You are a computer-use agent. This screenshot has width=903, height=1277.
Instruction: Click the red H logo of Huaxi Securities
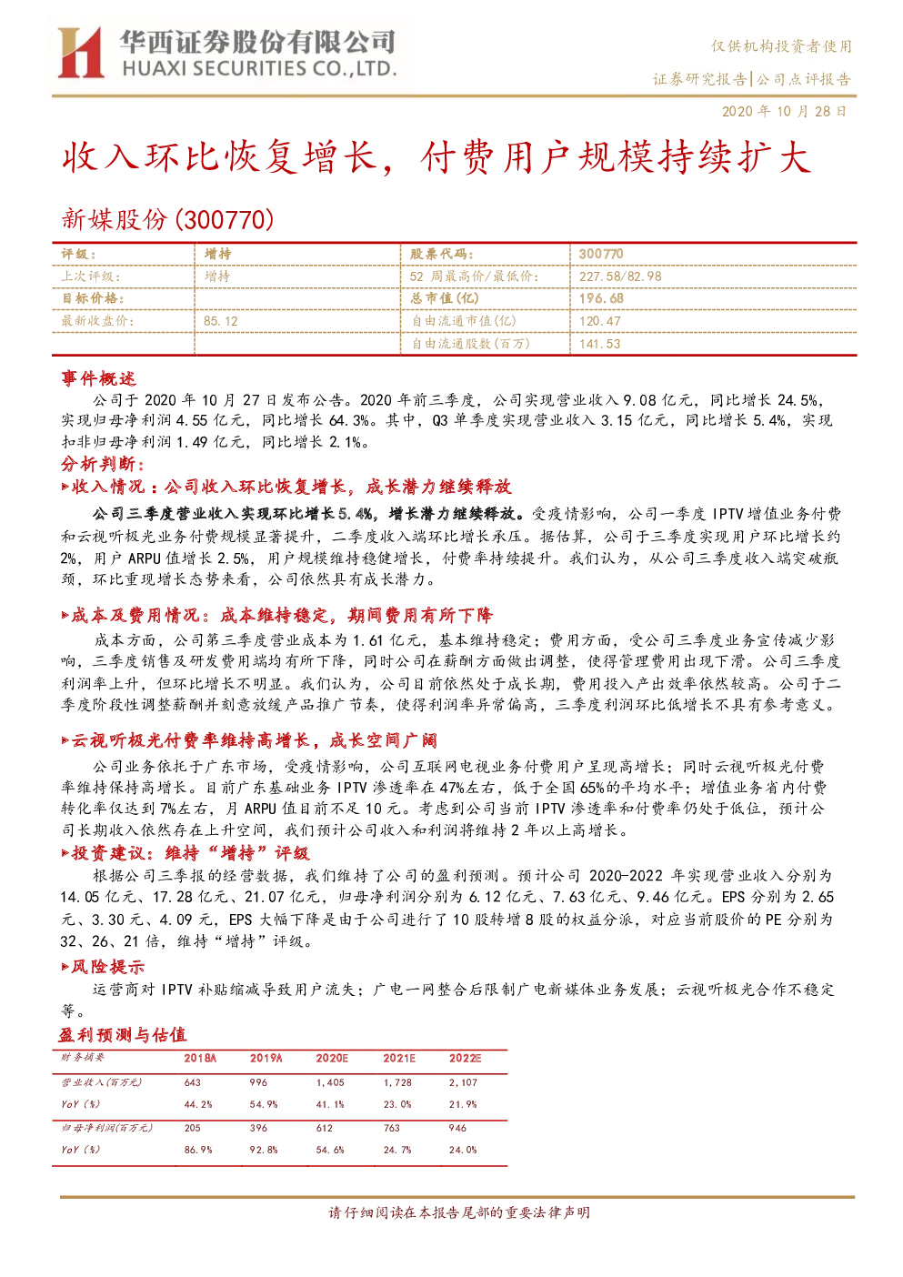point(81,52)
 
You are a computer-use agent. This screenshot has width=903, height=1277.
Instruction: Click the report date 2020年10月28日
point(784,111)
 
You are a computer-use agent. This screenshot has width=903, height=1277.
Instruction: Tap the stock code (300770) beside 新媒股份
point(225,219)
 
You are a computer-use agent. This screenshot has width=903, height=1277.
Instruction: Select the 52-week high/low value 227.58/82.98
point(620,277)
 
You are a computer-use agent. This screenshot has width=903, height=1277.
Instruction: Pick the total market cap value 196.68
point(601,298)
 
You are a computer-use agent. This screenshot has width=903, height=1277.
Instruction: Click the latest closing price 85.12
point(221,321)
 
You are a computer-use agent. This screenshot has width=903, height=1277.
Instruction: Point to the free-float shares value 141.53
point(599,344)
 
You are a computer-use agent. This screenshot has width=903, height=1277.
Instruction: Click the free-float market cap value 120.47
point(599,321)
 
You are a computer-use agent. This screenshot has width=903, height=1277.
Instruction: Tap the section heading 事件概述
point(98,378)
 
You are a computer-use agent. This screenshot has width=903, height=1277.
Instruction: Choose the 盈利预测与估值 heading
point(123,1035)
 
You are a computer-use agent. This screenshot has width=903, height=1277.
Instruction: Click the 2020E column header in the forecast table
point(332,1059)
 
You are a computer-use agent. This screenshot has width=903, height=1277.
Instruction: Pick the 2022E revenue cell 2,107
point(463,1082)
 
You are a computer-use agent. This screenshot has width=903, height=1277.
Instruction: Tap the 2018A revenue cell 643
point(193,1082)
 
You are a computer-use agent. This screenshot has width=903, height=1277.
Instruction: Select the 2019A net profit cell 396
point(258,1128)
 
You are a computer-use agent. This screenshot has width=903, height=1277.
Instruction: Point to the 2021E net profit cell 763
point(392,1128)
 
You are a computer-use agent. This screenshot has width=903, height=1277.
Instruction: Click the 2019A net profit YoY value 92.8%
point(264,1150)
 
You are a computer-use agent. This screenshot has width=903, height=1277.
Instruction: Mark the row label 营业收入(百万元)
point(102,1082)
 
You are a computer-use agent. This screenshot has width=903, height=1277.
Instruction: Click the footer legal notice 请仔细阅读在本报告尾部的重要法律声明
point(459,1212)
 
